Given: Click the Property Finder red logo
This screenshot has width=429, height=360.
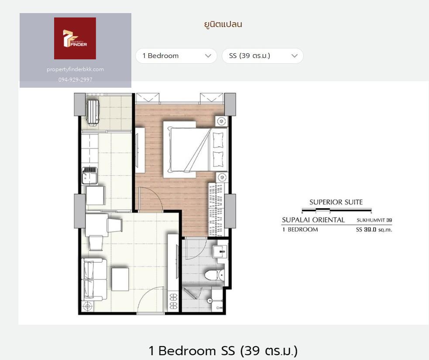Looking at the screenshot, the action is coord(75,38).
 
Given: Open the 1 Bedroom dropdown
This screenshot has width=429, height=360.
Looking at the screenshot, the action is coord(176,56).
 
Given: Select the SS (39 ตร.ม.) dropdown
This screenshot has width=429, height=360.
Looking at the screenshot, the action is coord(262,56).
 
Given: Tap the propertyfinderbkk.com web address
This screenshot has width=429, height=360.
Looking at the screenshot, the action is coord(75,69).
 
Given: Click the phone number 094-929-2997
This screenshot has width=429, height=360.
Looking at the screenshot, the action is coord(75,79).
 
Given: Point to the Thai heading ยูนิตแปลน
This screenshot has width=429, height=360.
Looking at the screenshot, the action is coord(223,24).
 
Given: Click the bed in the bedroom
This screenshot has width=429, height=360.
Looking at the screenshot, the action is coord(196,149).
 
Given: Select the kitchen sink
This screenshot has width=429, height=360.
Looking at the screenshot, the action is coord(89,175).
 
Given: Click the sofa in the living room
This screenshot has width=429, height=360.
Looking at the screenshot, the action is coord(93,279).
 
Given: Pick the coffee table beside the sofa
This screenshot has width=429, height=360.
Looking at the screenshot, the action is coord(120,279).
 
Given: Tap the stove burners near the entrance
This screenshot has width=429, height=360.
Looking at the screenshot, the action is coord(173,301).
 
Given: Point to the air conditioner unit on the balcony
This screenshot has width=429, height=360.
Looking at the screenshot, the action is coord(93,113).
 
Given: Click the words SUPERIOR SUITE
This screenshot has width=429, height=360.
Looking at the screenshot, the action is coord(336,202).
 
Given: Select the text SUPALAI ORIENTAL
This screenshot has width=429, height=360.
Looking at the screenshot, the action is coord(313,220).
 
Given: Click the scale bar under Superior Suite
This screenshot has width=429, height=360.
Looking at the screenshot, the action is coord(336,210).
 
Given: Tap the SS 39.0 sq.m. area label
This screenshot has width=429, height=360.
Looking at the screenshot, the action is coord(374,230).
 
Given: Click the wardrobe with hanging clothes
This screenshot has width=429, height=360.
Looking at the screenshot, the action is coord(216,209).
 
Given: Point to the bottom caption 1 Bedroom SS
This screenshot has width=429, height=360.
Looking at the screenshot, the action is coord(192,351).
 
